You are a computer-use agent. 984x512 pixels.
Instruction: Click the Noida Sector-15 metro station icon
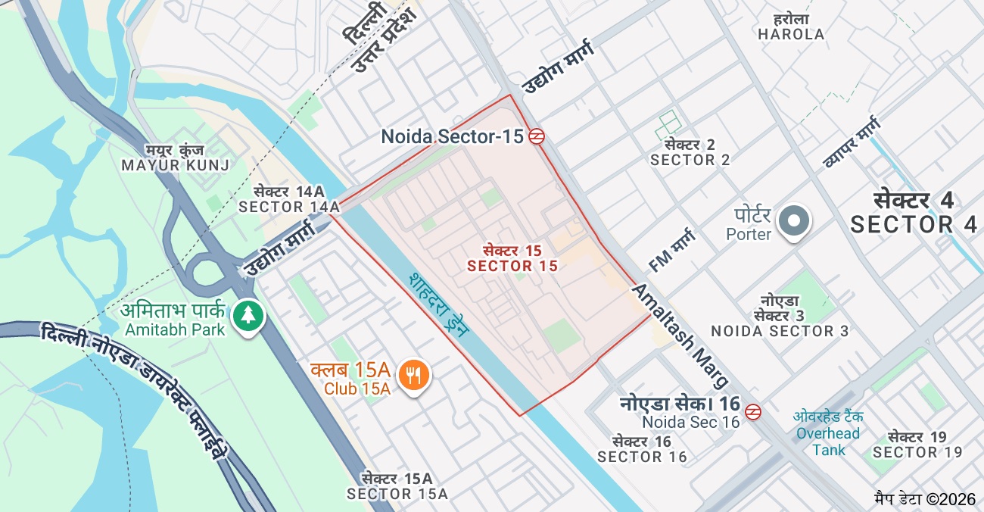click(537, 136)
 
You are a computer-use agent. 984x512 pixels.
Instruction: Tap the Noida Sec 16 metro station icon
click(752, 412)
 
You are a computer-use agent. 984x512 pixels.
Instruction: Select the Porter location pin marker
click(794, 222)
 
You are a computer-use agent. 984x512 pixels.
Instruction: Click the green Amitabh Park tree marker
click(247, 316)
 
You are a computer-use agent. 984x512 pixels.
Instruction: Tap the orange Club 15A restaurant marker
click(413, 374)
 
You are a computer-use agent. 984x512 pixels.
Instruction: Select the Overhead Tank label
click(827, 433)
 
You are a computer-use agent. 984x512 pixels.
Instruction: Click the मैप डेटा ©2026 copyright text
click(926, 498)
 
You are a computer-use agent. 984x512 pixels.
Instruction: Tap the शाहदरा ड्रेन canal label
click(438, 311)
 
